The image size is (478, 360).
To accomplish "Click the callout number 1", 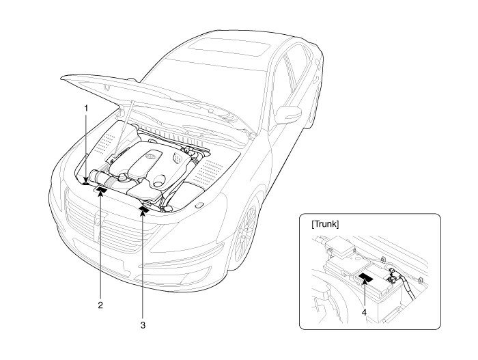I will click(85, 109).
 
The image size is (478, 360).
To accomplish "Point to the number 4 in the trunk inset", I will click(363, 311).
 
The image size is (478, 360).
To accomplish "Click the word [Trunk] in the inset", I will click(326, 224).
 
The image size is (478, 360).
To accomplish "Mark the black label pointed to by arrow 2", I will click(100, 191).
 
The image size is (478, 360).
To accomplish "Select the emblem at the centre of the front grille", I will click(98, 219).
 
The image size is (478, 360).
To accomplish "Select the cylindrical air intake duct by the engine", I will click(99, 180).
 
